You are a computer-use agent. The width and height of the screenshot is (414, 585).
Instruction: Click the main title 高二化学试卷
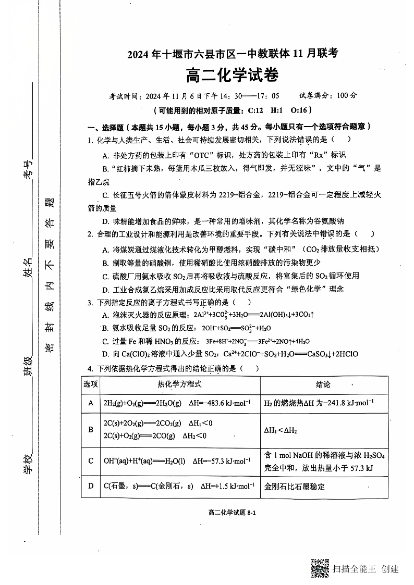coord(232,76)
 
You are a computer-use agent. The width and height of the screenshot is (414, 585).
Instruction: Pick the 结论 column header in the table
coord(323,384)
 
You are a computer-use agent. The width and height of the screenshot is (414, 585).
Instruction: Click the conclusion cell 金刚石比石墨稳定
coord(295,487)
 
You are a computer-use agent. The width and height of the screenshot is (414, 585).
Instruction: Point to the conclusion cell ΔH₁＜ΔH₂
coord(281,430)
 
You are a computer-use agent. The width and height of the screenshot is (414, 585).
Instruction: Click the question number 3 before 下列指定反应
coord(90,302)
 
